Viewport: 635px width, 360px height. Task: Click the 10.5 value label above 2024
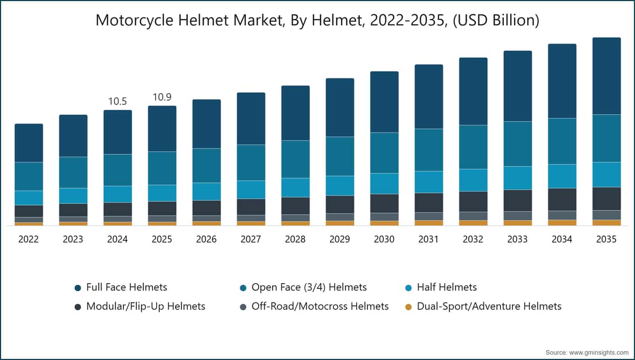click(117, 101)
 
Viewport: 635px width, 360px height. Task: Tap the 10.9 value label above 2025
click(162, 97)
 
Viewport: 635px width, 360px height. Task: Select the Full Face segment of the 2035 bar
click(606, 76)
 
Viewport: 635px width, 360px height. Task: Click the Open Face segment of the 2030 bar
click(384, 153)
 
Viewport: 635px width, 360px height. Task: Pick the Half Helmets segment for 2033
click(518, 178)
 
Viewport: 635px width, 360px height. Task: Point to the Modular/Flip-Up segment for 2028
click(295, 206)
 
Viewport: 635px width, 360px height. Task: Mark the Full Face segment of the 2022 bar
click(29, 143)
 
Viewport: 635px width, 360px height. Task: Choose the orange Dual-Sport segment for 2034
click(562, 223)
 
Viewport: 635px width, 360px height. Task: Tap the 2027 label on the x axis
click(251, 239)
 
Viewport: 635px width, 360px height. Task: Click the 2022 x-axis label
click(29, 239)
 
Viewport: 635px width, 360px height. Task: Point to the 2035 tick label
click(606, 239)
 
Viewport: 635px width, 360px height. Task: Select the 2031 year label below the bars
click(429, 239)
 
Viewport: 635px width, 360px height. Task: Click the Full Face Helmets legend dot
click(78, 288)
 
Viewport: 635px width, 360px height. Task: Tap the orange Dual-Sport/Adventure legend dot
click(409, 307)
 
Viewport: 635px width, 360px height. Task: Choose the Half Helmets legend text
click(447, 287)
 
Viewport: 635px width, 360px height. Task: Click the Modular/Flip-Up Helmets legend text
click(146, 307)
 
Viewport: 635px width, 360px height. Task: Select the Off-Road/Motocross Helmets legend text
click(320, 307)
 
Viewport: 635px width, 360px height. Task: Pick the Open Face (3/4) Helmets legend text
click(309, 287)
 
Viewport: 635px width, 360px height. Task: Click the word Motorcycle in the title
click(134, 21)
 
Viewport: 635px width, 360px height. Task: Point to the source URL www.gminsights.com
click(599, 353)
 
